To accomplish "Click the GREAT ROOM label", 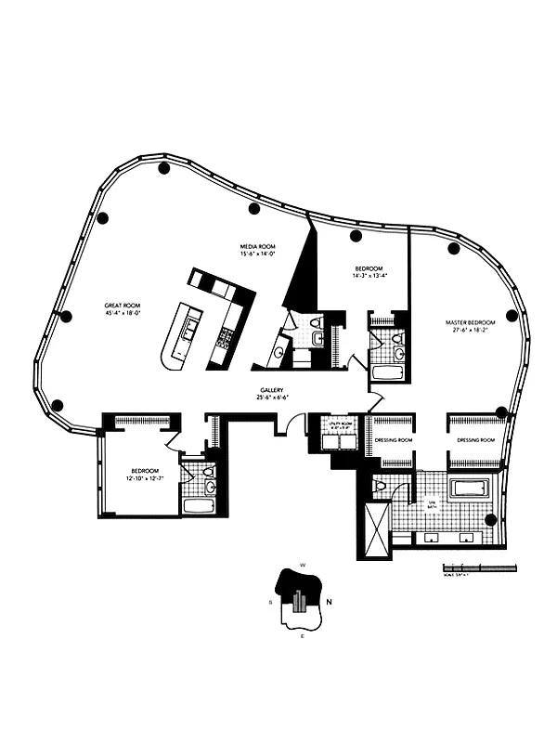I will [x=123, y=304].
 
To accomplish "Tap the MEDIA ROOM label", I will [x=253, y=246].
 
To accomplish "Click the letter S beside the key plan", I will [x=270, y=602].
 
